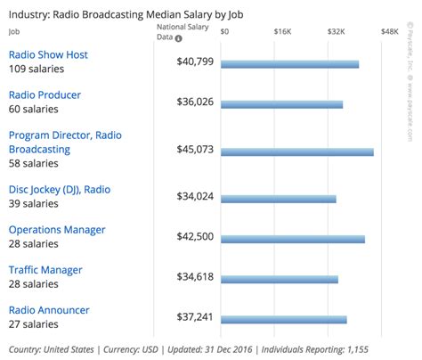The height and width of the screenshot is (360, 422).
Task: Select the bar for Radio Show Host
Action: pyautogui.click(x=289, y=64)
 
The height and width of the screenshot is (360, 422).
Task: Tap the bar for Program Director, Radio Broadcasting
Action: pyautogui.click(x=296, y=152)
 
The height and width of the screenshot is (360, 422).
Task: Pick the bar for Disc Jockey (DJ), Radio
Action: pyautogui.click(x=278, y=199)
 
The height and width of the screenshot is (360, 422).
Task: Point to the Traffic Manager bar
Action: pyautogui.click(x=280, y=279)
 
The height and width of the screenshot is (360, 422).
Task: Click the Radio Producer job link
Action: pyautogui.click(x=45, y=95)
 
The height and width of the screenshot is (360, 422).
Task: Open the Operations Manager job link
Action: pyautogui.click(x=57, y=230)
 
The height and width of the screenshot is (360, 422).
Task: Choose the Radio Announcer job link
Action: pyautogui.click(x=49, y=310)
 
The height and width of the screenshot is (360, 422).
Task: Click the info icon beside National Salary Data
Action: pyautogui.click(x=178, y=38)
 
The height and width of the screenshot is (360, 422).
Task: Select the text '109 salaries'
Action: pyautogui.click(x=34, y=69)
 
